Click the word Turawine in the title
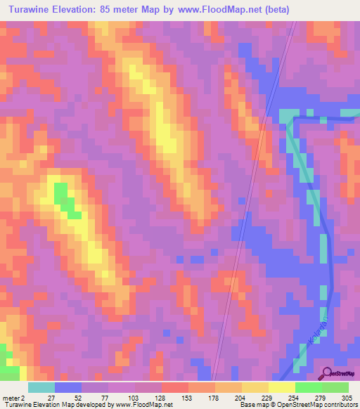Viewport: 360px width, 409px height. (34, 11)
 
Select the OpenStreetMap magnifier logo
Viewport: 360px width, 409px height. (327, 373)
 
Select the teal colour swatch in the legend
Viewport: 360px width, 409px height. (41, 387)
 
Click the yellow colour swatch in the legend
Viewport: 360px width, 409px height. (281, 387)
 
